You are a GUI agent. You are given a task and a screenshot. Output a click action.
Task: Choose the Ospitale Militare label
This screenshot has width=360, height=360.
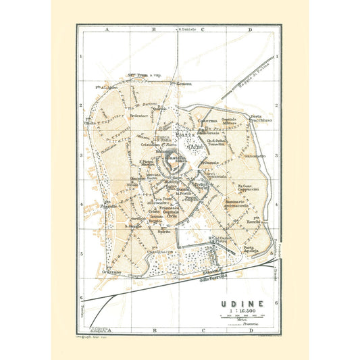pyautogui.click(x=229, y=121)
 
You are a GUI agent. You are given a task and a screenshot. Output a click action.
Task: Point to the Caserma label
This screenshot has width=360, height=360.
pyautogui.click(x=207, y=121)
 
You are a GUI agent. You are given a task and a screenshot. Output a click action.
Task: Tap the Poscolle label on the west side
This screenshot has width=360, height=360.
pyautogui.click(x=108, y=204)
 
